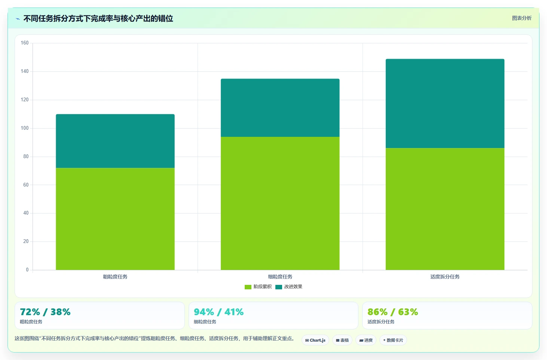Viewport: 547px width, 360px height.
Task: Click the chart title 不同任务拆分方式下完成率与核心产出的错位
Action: click(98, 19)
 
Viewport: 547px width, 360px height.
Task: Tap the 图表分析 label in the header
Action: click(522, 18)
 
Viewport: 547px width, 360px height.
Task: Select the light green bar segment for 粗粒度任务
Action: click(115, 219)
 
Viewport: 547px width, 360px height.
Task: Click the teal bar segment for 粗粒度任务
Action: click(115, 141)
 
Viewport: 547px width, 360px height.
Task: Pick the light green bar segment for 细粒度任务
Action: click(280, 203)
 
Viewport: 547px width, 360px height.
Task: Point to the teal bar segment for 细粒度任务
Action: click(280, 108)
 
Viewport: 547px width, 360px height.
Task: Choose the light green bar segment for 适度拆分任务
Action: click(445, 209)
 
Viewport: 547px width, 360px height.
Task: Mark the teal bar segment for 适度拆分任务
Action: click(445, 103)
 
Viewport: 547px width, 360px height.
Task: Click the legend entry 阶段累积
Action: click(258, 287)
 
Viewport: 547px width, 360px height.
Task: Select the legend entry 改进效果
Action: click(289, 287)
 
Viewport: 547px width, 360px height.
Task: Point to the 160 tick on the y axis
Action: click(25, 43)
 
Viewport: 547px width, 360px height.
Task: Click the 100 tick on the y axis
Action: click(25, 128)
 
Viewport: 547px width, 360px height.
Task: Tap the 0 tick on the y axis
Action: click(27, 270)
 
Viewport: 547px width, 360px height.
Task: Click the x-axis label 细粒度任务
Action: click(280, 277)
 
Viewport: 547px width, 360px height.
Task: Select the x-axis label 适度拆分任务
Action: click(445, 277)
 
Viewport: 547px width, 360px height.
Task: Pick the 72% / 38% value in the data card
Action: click(45, 312)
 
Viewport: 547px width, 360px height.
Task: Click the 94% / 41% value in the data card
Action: click(219, 312)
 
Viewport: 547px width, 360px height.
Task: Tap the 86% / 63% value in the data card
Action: click(393, 312)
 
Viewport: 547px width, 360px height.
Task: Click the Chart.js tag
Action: click(315, 340)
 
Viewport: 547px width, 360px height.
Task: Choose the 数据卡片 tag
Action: click(393, 340)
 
